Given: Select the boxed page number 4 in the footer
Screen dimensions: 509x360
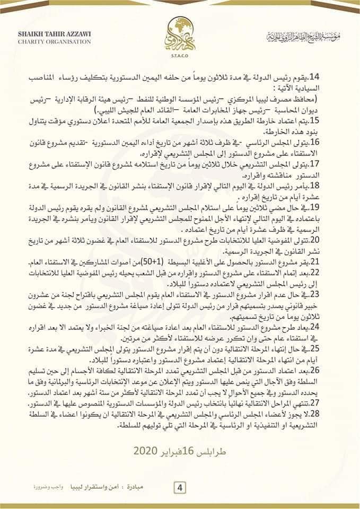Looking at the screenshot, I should coord(180,487).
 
